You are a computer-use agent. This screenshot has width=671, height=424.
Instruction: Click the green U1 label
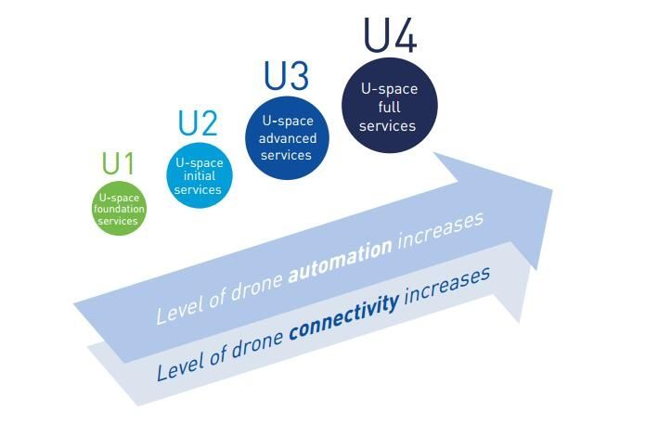pyautogui.click(x=118, y=163)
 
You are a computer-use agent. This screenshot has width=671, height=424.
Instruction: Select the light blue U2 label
pyautogui.click(x=198, y=123)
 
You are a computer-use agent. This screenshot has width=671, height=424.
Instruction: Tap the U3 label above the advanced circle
pyautogui.click(x=286, y=76)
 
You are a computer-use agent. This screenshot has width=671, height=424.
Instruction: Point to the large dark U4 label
pyautogui.click(x=390, y=35)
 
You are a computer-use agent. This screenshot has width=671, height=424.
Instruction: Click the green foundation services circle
pyautogui.click(x=120, y=209)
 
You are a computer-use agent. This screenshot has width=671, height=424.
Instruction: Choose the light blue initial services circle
pyautogui.click(x=200, y=175)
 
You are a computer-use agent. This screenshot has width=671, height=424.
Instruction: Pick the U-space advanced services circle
pyautogui.click(x=287, y=138)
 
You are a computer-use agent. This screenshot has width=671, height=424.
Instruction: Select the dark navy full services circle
pyautogui.click(x=390, y=105)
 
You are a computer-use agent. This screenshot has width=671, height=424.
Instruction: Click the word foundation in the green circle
pyautogui.click(x=119, y=210)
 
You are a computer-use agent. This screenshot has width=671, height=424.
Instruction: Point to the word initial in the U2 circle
pyautogui.click(x=200, y=176)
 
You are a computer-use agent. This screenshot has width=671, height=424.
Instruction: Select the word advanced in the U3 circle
pyautogui.click(x=288, y=138)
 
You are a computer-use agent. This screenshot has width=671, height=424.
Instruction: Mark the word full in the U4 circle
pyautogui.click(x=389, y=107)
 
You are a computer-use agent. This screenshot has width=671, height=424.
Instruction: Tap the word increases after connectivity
pyautogui.click(x=446, y=286)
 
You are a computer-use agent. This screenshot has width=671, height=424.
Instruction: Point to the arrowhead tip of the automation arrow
pyautogui.click(x=552, y=191)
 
